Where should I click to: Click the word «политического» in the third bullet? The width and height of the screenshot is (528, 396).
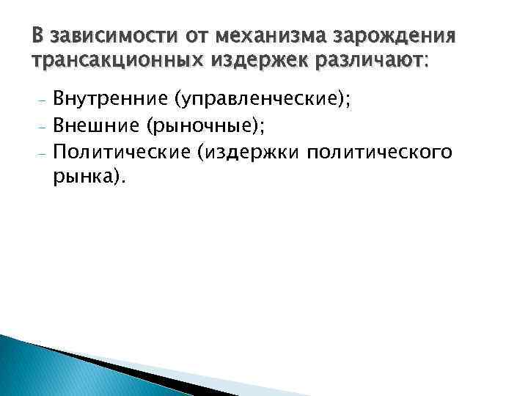tap(379, 153)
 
